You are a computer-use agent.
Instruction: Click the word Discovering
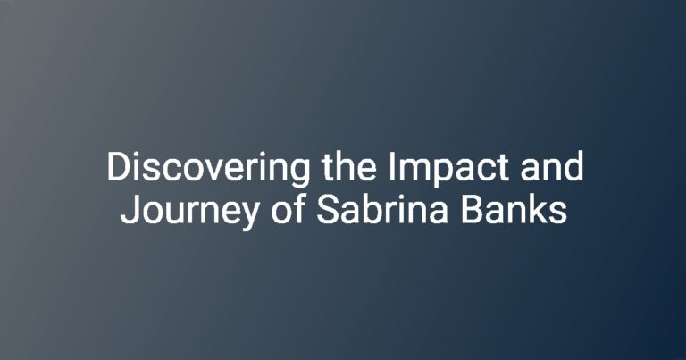click(208, 170)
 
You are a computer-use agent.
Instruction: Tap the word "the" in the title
click(348, 166)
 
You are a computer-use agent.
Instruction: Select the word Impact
click(448, 170)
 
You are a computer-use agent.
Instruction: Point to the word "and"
click(552, 166)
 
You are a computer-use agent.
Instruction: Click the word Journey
click(189, 213)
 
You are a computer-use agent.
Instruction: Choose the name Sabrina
click(381, 209)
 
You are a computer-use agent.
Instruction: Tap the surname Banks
click(514, 209)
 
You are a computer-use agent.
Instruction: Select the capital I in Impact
click(391, 166)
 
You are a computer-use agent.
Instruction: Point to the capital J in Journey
click(130, 210)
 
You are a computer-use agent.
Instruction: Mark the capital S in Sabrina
click(328, 209)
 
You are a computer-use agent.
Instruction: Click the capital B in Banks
click(472, 209)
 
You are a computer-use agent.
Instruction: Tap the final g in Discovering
click(299, 173)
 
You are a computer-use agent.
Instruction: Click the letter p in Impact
click(442, 173)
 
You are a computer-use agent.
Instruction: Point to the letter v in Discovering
click(211, 170)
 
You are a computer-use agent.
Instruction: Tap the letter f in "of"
click(298, 208)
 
